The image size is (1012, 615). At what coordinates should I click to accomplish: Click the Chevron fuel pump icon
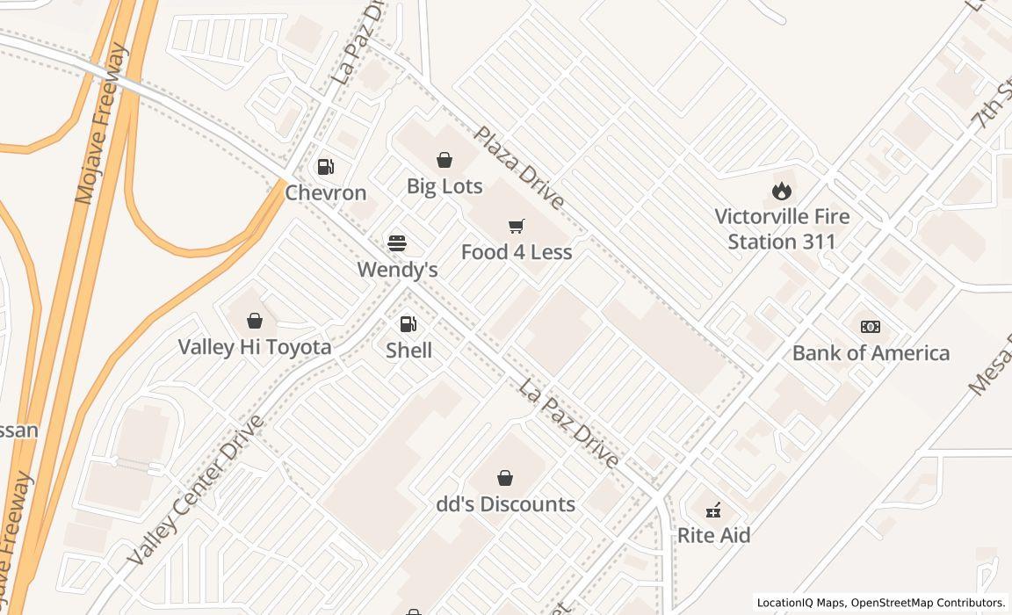(325, 166)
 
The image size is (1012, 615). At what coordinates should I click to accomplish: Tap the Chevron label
(325, 192)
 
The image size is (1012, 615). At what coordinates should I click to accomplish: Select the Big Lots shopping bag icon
(445, 160)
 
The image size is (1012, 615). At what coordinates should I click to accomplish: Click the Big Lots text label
(445, 186)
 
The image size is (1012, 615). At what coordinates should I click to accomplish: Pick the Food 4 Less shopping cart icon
(517, 227)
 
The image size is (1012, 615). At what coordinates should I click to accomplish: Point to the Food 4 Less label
(517, 252)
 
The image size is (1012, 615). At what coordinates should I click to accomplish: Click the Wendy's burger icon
(397, 242)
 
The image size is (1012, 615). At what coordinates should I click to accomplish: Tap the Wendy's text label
(397, 269)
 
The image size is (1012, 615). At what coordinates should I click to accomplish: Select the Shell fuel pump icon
(408, 324)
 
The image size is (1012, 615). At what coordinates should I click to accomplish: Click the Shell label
(408, 351)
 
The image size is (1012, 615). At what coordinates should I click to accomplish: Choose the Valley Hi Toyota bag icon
(255, 321)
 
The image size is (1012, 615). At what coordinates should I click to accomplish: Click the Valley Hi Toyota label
(255, 347)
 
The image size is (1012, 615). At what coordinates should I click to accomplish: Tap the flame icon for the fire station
(782, 190)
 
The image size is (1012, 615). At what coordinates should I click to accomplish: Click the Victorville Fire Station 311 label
(782, 228)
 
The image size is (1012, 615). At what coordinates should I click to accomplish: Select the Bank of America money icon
(871, 327)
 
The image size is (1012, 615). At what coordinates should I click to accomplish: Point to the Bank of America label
(871, 353)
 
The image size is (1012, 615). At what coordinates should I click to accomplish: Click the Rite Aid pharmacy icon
(713, 510)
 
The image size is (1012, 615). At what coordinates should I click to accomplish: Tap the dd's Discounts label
(506, 504)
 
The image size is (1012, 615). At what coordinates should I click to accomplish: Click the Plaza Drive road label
(519, 168)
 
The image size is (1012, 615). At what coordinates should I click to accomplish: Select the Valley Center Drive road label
(195, 490)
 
